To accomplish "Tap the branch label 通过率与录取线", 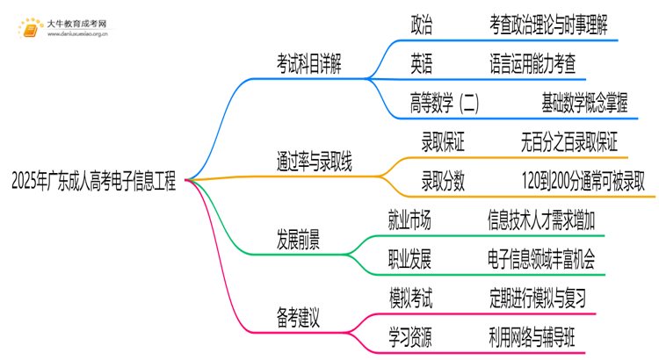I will (315, 161).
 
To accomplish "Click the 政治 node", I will (421, 25).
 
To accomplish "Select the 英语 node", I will (421, 63).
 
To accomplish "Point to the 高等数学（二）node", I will (445, 103).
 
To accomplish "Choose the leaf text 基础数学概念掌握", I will (585, 103).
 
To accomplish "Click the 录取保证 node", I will (443, 141).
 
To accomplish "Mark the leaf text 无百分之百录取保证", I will (568, 141).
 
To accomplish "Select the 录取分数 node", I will (443, 181).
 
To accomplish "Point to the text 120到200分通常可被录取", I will (582, 181).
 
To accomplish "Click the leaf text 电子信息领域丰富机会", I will (540, 258).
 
